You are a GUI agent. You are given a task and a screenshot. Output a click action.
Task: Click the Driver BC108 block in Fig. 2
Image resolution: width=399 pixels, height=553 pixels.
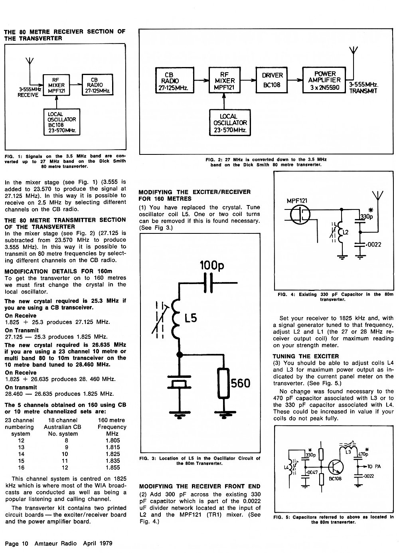click(x=272, y=80)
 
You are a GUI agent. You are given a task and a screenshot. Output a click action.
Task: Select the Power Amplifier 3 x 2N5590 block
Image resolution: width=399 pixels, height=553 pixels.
click(x=324, y=80)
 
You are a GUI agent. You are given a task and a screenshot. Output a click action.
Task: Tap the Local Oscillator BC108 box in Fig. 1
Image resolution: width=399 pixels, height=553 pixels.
click(x=62, y=122)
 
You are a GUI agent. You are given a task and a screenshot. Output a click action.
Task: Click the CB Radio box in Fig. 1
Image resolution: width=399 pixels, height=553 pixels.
click(x=97, y=85)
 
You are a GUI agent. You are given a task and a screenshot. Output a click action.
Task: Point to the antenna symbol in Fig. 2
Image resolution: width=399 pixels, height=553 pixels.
click(x=354, y=50)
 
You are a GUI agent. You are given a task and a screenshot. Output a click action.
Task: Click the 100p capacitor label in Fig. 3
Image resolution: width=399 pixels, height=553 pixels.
click(x=212, y=265)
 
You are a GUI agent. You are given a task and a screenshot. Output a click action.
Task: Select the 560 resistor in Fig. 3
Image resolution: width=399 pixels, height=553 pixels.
click(x=224, y=383)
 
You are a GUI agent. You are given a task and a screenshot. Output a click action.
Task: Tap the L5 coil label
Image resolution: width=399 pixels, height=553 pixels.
click(x=191, y=318)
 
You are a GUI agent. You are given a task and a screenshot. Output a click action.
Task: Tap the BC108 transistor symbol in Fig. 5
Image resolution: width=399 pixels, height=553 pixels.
click(x=336, y=467)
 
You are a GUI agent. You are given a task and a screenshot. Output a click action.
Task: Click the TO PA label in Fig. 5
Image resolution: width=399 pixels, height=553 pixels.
click(x=374, y=466)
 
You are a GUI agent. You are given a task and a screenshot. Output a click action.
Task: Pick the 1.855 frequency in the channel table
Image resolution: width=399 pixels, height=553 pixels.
click(x=113, y=467)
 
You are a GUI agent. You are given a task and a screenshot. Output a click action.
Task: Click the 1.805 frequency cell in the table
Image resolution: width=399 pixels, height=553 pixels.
click(x=113, y=440)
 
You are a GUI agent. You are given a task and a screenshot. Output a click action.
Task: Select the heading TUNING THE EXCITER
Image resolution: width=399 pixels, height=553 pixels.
click(x=306, y=356)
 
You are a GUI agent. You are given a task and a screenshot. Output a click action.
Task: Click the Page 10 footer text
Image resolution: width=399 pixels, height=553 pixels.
click(x=16, y=543)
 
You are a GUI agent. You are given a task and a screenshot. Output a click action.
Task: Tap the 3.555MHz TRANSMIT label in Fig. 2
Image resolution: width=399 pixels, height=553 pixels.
click(x=363, y=88)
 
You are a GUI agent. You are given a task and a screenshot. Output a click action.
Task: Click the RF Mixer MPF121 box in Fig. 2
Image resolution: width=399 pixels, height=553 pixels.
click(x=224, y=80)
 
